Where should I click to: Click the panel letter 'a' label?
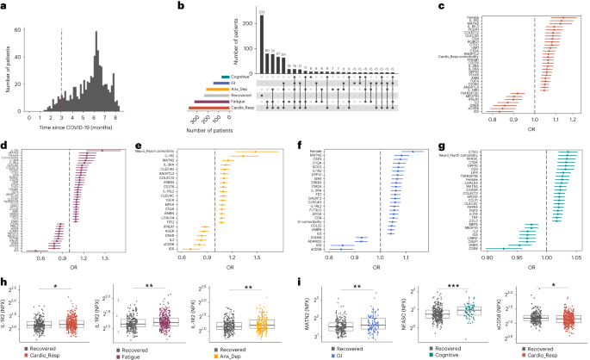[x=4, y=5]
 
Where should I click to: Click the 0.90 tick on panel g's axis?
[x=488, y=257]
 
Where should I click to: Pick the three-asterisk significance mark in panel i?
[x=447, y=282]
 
